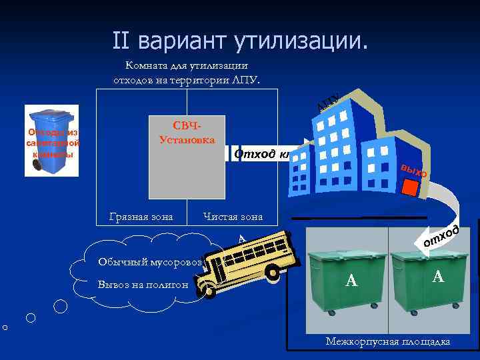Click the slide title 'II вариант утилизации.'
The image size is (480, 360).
pos(239,41)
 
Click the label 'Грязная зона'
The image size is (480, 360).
pos(141,217)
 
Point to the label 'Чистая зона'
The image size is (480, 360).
pos(233,217)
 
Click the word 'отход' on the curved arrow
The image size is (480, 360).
pos(441,236)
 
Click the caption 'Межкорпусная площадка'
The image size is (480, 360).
pos(387,341)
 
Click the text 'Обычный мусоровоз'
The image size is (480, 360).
pos(149,261)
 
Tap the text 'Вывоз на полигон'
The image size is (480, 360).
pos(141,285)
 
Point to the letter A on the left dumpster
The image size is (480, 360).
pos(352,282)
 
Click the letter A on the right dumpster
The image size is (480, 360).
pos(437,275)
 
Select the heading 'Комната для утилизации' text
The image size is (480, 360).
pos(187,65)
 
